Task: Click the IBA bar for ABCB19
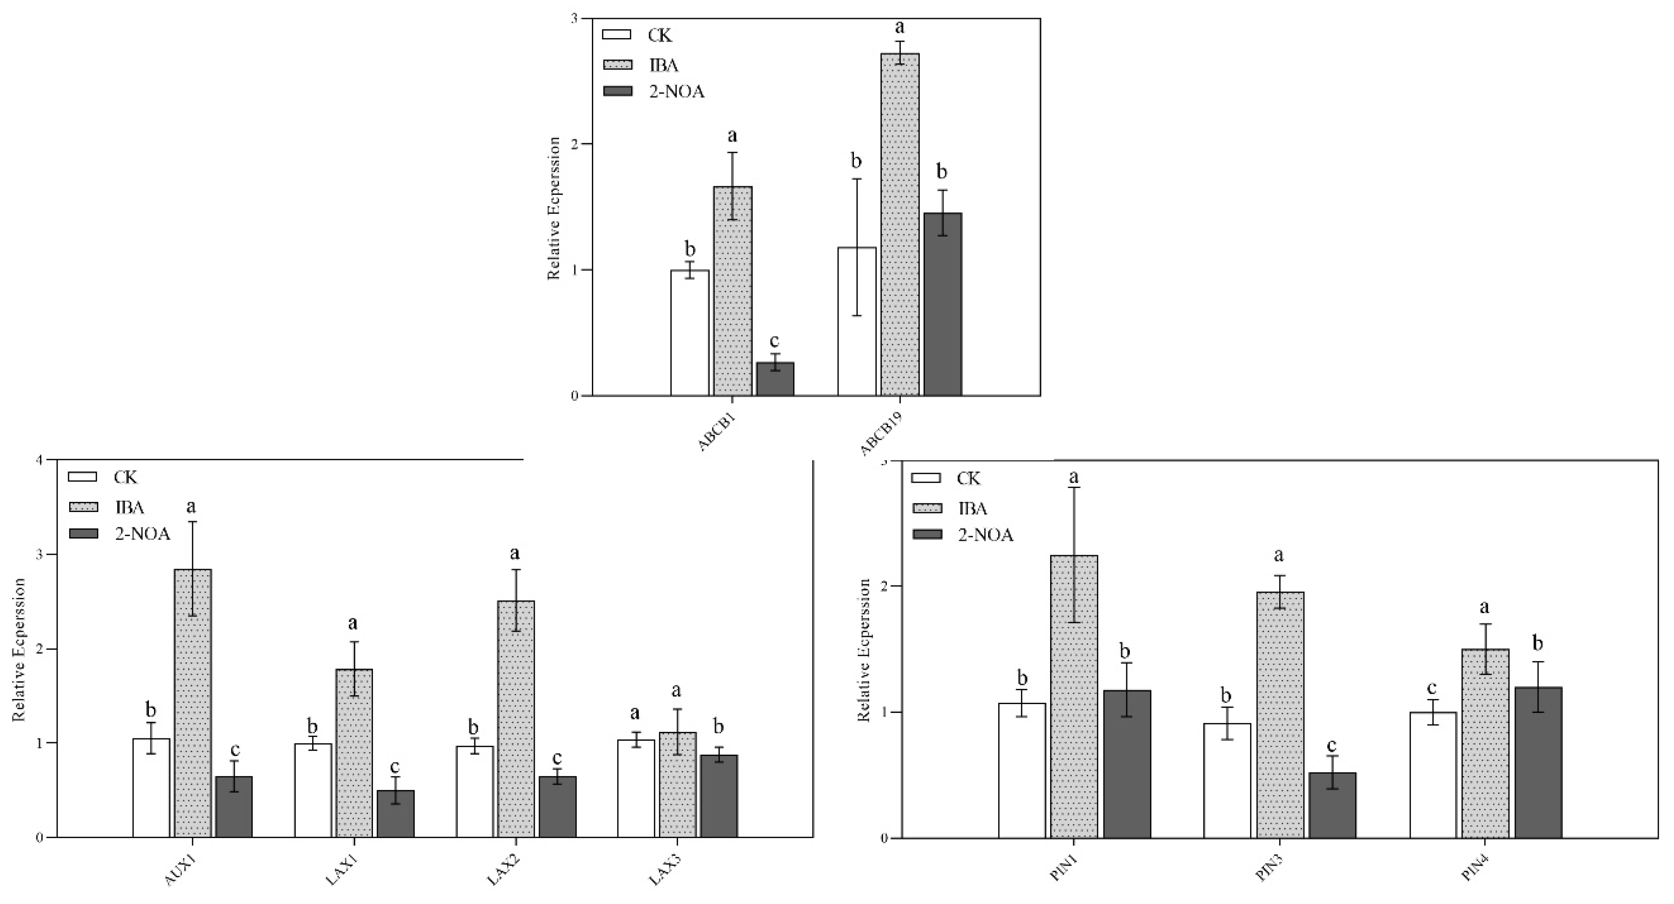tap(900, 224)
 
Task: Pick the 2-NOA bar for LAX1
tap(395, 813)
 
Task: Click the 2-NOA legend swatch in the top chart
tap(617, 91)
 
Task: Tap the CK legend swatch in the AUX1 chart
tap(82, 477)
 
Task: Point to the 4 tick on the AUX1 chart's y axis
tap(39, 460)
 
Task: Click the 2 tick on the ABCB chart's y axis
tap(574, 144)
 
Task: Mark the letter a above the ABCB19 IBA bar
tap(900, 27)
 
